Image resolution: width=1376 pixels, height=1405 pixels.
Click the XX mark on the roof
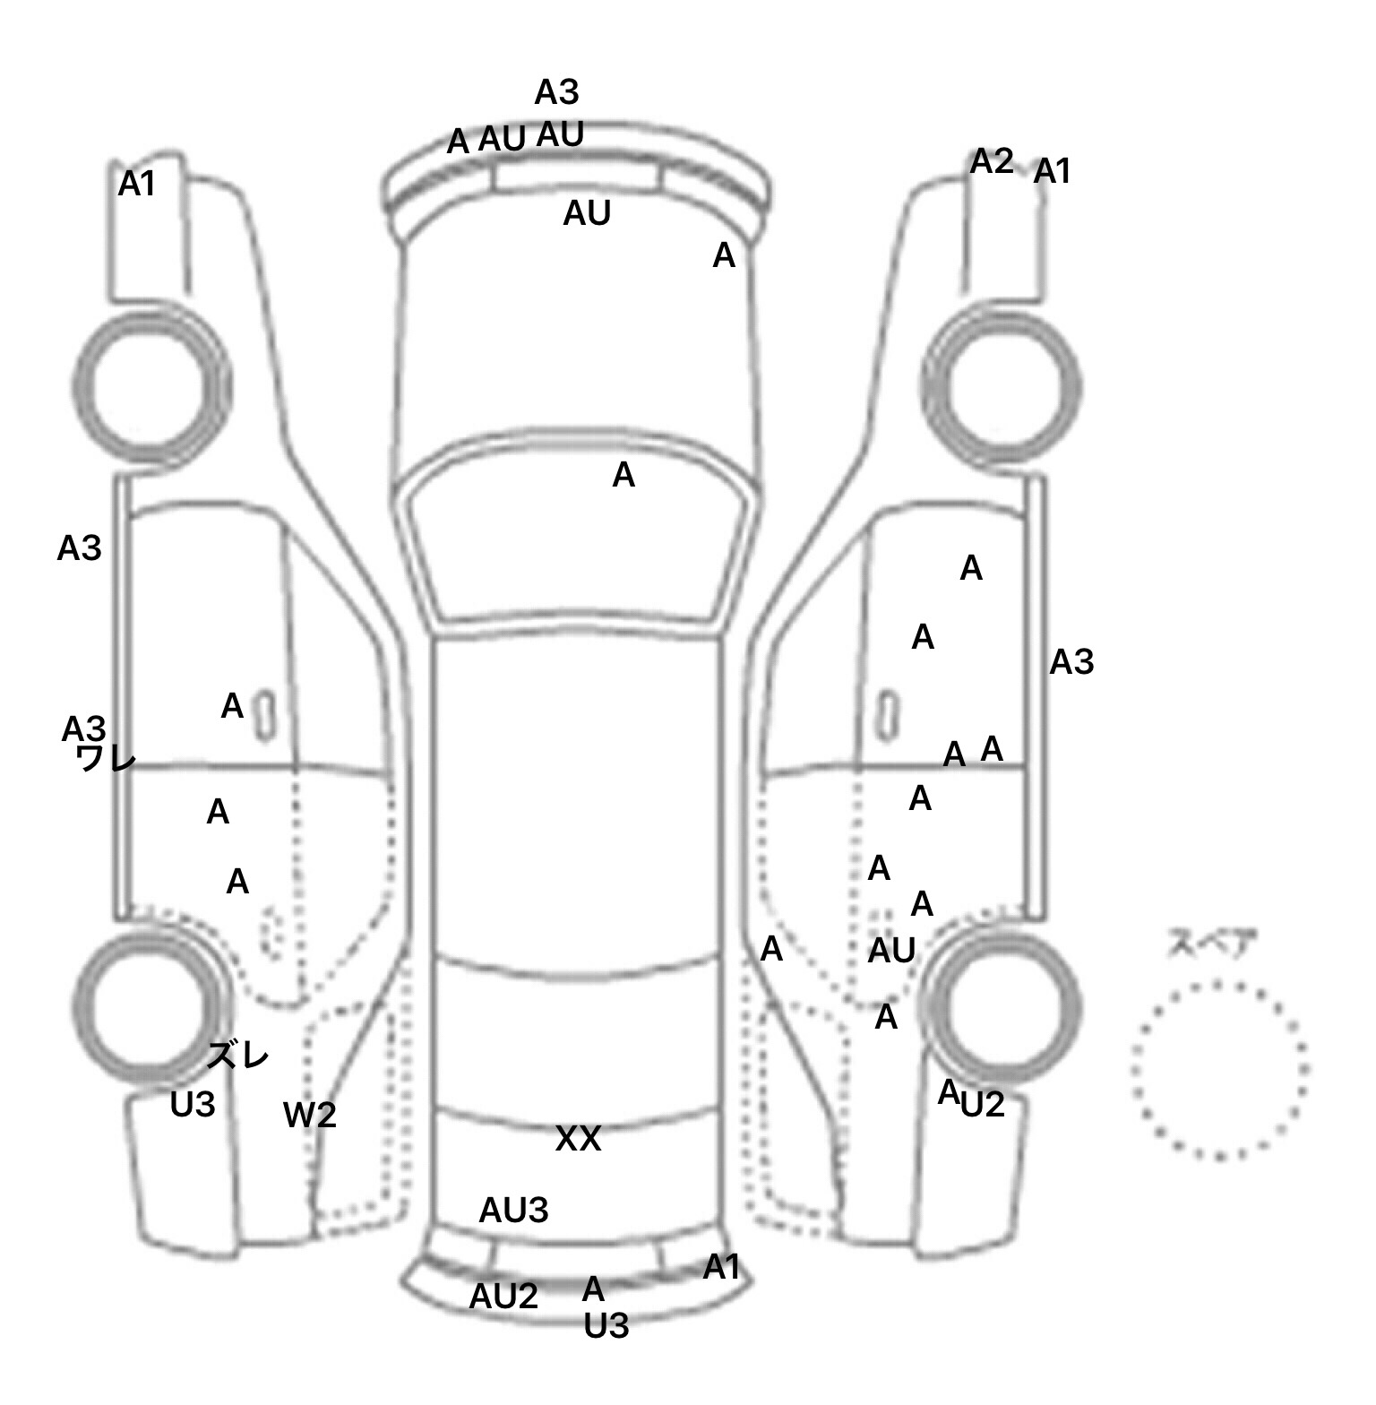(x=578, y=1139)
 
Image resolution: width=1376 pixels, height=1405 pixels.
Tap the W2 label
(x=310, y=1116)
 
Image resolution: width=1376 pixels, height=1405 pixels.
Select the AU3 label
(x=513, y=1211)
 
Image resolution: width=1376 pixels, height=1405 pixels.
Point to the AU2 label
(x=503, y=1296)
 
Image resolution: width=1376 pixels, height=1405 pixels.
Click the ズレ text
(x=238, y=1056)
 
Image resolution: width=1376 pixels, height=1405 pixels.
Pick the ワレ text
(x=106, y=760)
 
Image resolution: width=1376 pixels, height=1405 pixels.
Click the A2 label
(x=992, y=162)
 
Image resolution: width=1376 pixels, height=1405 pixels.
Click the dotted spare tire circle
(x=1219, y=1070)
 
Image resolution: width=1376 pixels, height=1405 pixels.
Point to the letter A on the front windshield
(x=623, y=476)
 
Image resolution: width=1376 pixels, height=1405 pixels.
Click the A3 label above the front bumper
(x=557, y=92)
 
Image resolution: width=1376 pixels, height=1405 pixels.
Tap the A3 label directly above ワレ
(x=83, y=729)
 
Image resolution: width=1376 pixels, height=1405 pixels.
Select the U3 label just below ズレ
(x=193, y=1105)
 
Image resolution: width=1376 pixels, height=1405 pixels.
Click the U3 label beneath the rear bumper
(x=606, y=1326)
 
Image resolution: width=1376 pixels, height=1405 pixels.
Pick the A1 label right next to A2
(x=1053, y=171)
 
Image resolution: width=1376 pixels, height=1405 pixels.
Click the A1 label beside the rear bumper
(x=722, y=1268)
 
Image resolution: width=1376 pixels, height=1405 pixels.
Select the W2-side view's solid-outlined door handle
(x=265, y=714)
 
